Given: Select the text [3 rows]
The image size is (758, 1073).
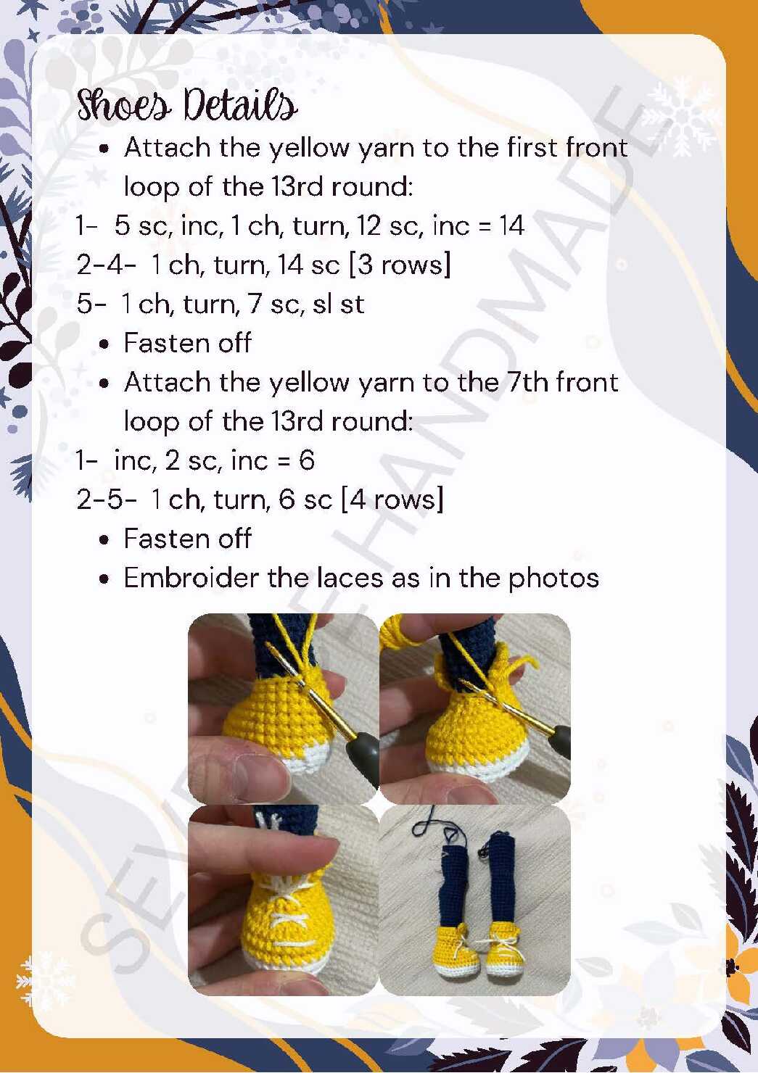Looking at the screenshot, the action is tap(400, 265).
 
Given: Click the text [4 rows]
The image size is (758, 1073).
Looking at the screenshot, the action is tap(392, 499).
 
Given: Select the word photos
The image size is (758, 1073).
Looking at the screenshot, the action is tap(553, 578).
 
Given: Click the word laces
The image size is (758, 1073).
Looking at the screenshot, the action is tap(350, 577).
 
